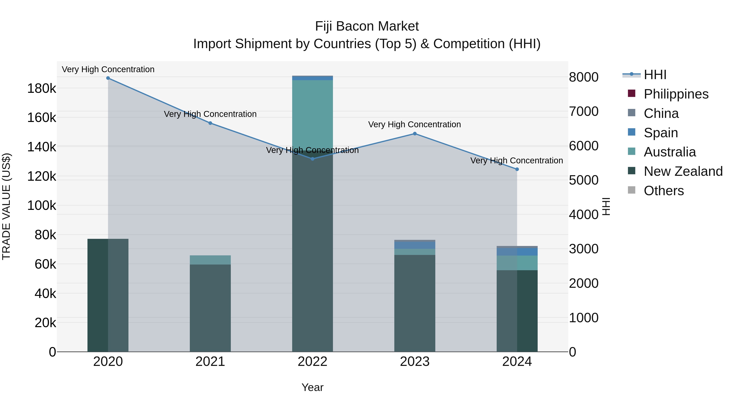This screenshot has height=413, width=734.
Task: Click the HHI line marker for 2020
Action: pos(108,78)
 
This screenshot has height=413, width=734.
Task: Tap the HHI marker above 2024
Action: pos(517,169)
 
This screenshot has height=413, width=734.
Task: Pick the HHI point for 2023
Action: pos(415,134)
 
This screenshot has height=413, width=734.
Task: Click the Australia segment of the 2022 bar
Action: pos(313,114)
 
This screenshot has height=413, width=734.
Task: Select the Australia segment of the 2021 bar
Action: pos(210,260)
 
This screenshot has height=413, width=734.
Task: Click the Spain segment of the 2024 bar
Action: pos(517,252)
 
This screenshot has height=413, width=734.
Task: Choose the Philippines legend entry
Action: pos(676,94)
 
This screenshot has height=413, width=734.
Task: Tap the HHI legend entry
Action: pos(655,75)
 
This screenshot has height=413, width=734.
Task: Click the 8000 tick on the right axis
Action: pos(584,77)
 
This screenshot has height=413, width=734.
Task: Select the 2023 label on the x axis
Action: pos(415,362)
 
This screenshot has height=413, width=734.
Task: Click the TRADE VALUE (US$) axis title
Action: pos(7,206)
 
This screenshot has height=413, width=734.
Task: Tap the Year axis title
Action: pos(313,387)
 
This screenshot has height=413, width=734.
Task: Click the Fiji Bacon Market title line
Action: pos(367,26)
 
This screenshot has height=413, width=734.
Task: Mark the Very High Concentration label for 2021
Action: pos(210,114)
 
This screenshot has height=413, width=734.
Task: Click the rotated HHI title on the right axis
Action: pos(606,206)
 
